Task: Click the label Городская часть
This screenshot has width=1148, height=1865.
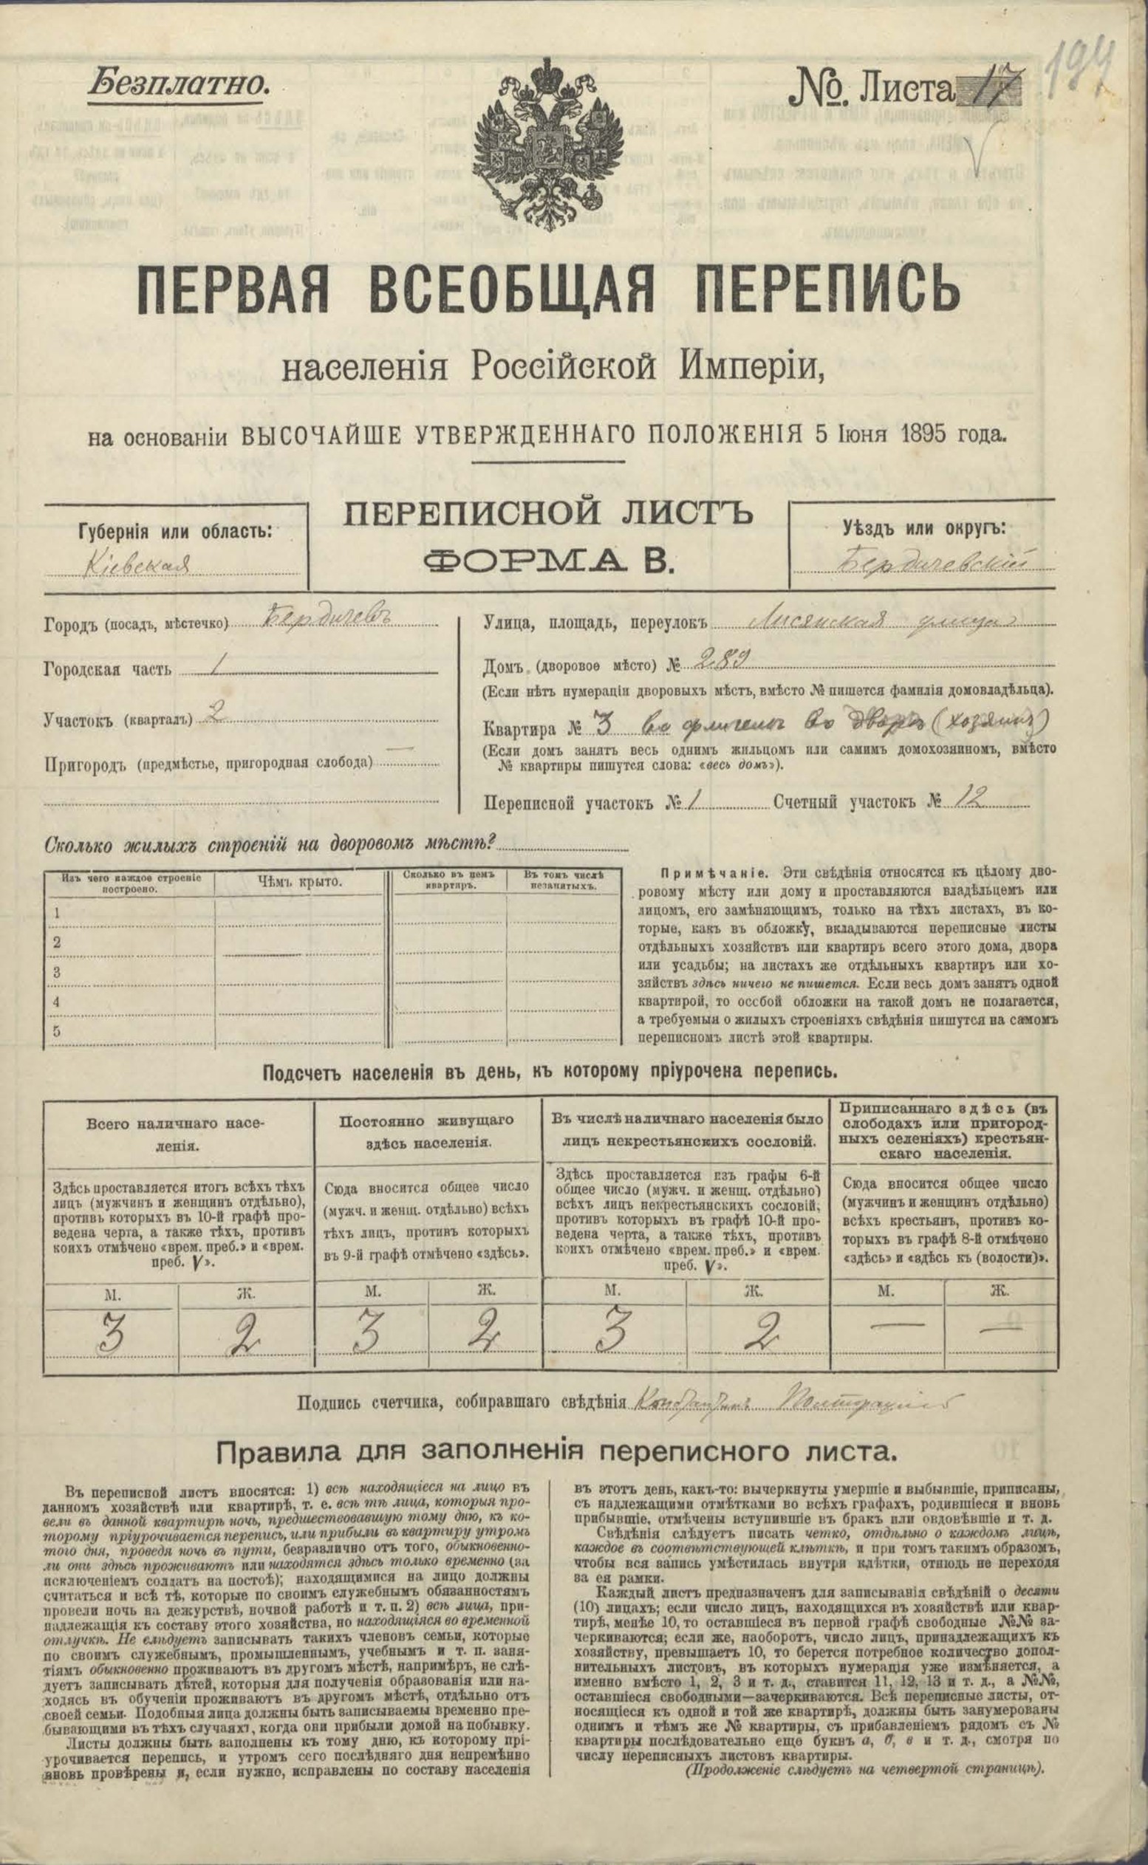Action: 108,670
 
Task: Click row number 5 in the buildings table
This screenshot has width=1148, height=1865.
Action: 55,1030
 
